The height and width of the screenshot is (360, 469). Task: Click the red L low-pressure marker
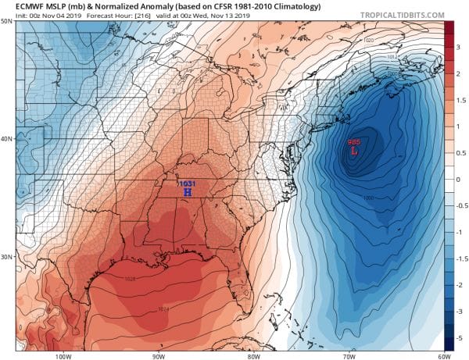coord(353,152)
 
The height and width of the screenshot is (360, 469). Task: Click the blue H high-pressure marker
coord(187,191)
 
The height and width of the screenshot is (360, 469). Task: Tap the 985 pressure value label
coord(353,143)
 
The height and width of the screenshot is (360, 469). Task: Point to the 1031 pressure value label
coord(187,182)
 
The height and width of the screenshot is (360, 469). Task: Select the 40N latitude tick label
coord(8,139)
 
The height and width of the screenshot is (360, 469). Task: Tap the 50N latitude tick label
coord(8,23)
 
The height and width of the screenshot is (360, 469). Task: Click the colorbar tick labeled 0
coord(460,179)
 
